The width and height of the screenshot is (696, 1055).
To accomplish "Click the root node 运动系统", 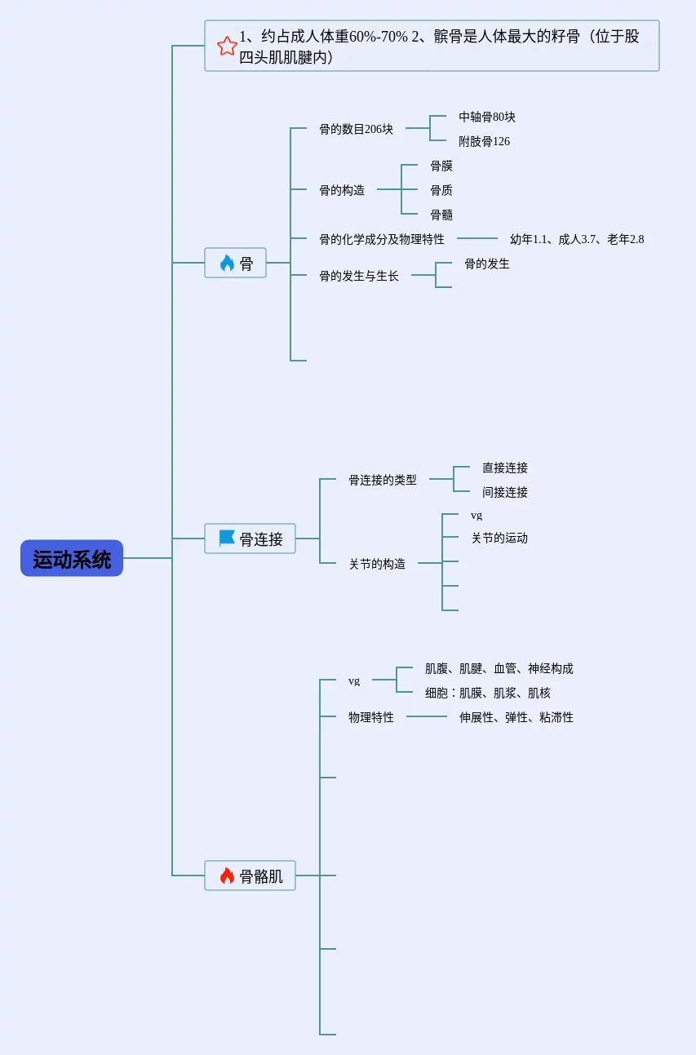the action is click(x=72, y=558).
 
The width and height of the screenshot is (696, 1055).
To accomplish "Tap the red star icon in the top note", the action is click(x=227, y=47).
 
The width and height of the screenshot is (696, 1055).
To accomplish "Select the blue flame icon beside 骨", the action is click(x=227, y=263).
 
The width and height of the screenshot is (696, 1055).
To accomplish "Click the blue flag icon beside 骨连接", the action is click(x=227, y=538).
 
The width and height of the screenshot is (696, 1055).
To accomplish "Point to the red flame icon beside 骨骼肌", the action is click(x=227, y=875).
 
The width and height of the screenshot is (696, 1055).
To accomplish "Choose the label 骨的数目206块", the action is click(x=356, y=129).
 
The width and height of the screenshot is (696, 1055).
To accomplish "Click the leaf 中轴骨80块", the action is click(x=487, y=117).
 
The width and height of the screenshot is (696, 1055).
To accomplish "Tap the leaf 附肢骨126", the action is click(x=484, y=141).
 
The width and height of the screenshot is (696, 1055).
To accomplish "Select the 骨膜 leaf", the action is click(x=441, y=166).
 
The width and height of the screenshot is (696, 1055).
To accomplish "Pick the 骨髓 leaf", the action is click(x=441, y=215).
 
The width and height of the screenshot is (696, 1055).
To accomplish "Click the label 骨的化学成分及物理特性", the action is click(x=382, y=239).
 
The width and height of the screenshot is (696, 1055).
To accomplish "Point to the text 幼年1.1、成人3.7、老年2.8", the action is click(x=577, y=239).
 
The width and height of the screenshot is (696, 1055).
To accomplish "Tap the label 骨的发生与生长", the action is click(x=359, y=276).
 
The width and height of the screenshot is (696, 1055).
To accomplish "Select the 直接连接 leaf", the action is click(x=505, y=468).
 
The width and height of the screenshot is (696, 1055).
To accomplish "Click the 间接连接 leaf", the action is click(x=505, y=492).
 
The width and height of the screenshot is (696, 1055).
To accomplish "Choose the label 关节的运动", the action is click(x=499, y=538).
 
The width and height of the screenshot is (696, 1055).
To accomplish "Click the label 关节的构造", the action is click(x=377, y=564).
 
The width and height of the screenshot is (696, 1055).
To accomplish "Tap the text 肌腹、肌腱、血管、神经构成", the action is click(x=499, y=668).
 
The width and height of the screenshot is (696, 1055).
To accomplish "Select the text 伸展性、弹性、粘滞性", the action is click(x=516, y=717).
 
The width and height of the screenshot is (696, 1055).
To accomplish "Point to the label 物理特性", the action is click(x=371, y=717).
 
